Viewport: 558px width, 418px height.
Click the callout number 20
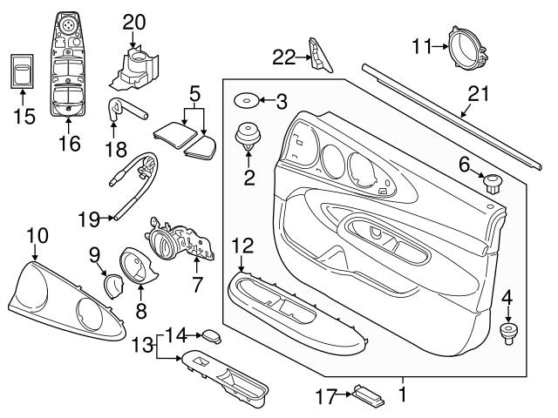(135, 20)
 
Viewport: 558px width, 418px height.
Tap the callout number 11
(422, 45)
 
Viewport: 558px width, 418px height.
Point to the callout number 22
(283, 57)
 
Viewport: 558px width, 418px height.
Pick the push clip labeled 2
(249, 139)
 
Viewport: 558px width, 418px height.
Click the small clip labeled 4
(507, 334)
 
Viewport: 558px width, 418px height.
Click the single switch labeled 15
(22, 71)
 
